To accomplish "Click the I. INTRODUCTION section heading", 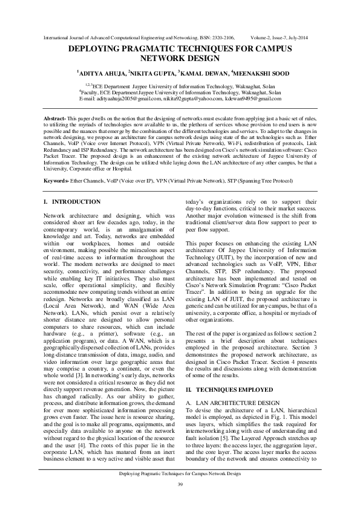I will click(73, 201).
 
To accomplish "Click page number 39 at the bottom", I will click(180, 485).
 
